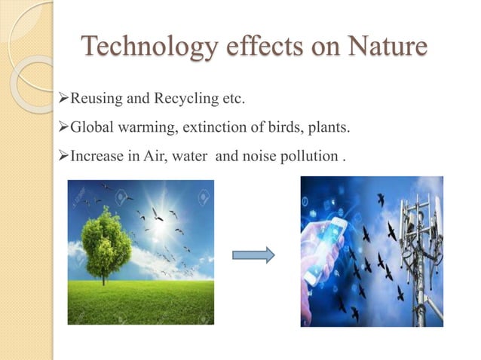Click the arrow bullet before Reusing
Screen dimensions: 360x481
click(x=63, y=99)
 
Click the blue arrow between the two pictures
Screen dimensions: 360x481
click(x=253, y=255)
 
